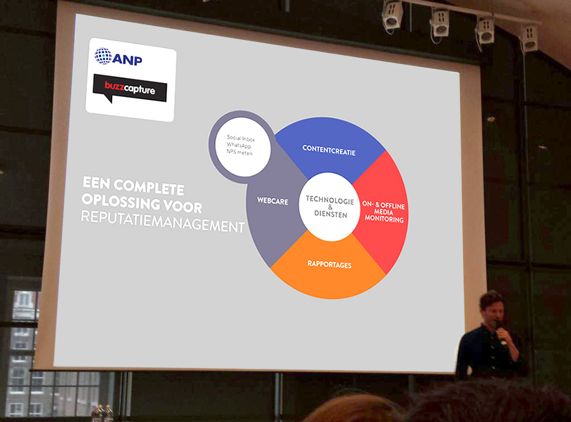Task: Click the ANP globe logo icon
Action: [103, 56]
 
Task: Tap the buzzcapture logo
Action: [129, 89]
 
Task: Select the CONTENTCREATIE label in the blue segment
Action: [329, 150]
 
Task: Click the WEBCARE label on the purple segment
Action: [273, 201]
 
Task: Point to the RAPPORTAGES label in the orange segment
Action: [329, 264]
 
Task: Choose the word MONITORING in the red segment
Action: [384, 219]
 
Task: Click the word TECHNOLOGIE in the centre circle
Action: [330, 200]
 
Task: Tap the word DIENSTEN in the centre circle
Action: [331, 214]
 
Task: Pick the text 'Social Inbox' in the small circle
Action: [240, 138]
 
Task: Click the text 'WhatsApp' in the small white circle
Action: [239, 145]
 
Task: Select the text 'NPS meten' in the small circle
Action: [239, 152]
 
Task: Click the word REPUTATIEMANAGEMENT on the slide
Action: [162, 221]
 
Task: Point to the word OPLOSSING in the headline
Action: [121, 201]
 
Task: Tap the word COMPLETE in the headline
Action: [149, 187]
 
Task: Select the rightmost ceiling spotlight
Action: [529, 38]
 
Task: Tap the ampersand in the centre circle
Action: [331, 207]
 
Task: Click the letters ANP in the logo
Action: [127, 60]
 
